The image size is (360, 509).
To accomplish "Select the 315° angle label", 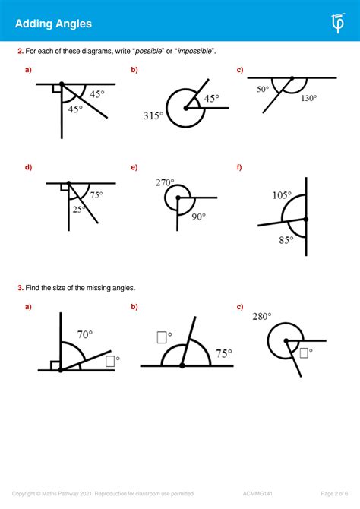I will [x=153, y=115].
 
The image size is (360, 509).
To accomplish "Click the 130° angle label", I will [x=308, y=98].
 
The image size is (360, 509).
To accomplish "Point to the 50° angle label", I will [x=263, y=90].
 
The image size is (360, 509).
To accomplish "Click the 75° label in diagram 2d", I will [x=96, y=195].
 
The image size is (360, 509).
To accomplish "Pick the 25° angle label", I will [x=79, y=209].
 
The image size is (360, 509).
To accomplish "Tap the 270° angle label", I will [x=165, y=183].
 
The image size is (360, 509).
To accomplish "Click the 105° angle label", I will [x=282, y=195].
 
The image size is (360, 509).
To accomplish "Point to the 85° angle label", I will [x=285, y=241].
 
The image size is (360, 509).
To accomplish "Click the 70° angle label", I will [x=84, y=334].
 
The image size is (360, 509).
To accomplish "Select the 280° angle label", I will [x=262, y=316].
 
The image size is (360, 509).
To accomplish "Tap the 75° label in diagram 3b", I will [x=224, y=353].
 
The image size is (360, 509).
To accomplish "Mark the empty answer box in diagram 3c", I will [x=304, y=353].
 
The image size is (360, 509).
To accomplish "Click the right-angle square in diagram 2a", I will [x=56, y=89].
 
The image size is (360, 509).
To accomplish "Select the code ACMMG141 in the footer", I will [x=271, y=494].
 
